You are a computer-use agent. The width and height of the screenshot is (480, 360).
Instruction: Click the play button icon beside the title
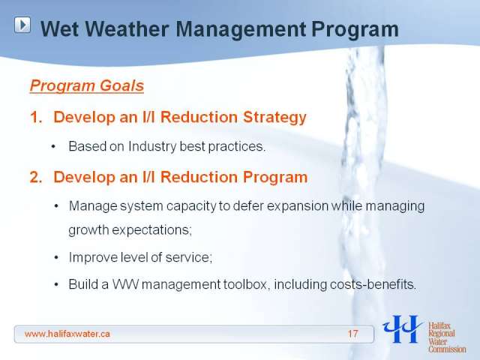pyautogui.click(x=22, y=25)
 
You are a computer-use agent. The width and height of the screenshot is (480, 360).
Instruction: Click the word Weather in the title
pyautogui.click(x=126, y=29)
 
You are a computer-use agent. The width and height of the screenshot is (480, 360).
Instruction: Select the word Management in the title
pyautogui.click(x=241, y=30)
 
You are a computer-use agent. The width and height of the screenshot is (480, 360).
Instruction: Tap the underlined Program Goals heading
pyautogui.click(x=87, y=85)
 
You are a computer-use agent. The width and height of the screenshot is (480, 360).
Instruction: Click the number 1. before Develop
pyautogui.click(x=36, y=117)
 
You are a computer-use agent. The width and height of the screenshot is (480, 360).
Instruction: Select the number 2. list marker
pyautogui.click(x=36, y=177)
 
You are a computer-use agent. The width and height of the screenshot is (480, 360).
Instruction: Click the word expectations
pyautogui.click(x=151, y=230)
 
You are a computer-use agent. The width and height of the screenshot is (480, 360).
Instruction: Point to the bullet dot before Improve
pyautogui.click(x=56, y=258)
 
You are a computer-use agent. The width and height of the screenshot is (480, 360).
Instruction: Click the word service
pyautogui.click(x=188, y=257)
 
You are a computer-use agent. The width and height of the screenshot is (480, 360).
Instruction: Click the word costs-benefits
pyautogui.click(x=373, y=285)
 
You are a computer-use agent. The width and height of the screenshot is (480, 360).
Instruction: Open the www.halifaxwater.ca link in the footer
pyautogui.click(x=67, y=334)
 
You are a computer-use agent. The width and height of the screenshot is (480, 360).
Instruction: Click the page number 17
pyautogui.click(x=352, y=334)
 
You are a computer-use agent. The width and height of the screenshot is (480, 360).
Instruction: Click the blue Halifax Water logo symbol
pyautogui.click(x=403, y=329)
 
